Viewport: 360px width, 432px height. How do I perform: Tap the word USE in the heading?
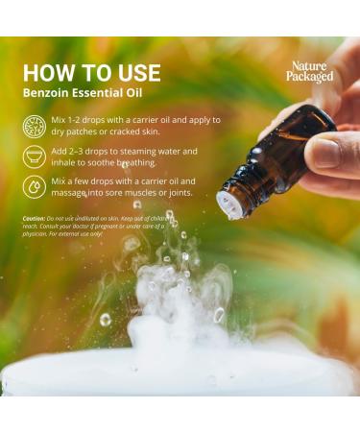135,73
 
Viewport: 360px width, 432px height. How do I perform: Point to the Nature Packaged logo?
310,72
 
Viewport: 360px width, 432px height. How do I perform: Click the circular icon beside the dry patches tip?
34,126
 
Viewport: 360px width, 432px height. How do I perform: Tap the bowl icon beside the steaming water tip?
34,156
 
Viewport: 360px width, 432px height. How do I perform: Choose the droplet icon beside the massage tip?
34,186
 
